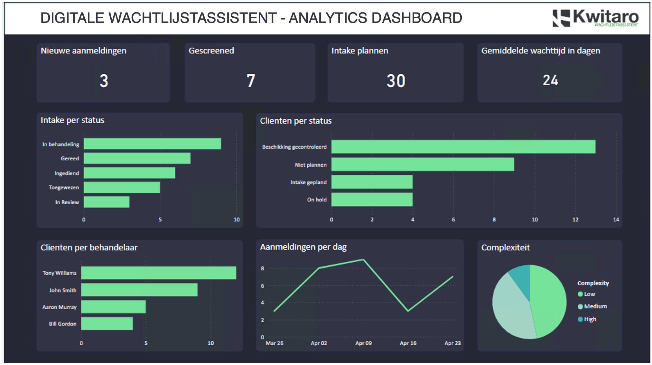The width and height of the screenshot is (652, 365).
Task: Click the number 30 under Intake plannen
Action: [396, 80]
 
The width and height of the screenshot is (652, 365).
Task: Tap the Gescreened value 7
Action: [251, 80]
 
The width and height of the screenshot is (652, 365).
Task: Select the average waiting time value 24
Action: [550, 80]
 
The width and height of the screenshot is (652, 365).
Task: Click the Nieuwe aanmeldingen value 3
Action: [104, 80]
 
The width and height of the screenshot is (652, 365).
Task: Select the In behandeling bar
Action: [152, 144]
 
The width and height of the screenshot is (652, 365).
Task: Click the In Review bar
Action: [107, 202]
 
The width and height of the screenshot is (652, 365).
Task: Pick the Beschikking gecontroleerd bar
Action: [463, 147]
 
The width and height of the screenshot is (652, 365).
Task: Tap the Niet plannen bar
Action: [423, 164]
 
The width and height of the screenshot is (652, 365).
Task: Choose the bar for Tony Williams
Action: [158, 273]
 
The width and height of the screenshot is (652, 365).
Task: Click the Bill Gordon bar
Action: [107, 324]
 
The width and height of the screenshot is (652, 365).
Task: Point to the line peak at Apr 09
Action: [363, 260]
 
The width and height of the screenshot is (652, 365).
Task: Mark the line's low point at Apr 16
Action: [408, 311]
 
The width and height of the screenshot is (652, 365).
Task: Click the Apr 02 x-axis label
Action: [319, 343]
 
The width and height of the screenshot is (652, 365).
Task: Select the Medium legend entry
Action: [595, 306]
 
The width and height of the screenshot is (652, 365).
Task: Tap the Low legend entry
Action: [589, 294]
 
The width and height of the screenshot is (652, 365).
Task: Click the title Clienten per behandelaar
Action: [89, 248]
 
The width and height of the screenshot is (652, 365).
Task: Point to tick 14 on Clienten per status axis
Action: [616, 220]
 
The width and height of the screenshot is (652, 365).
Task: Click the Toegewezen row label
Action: [64, 188]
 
